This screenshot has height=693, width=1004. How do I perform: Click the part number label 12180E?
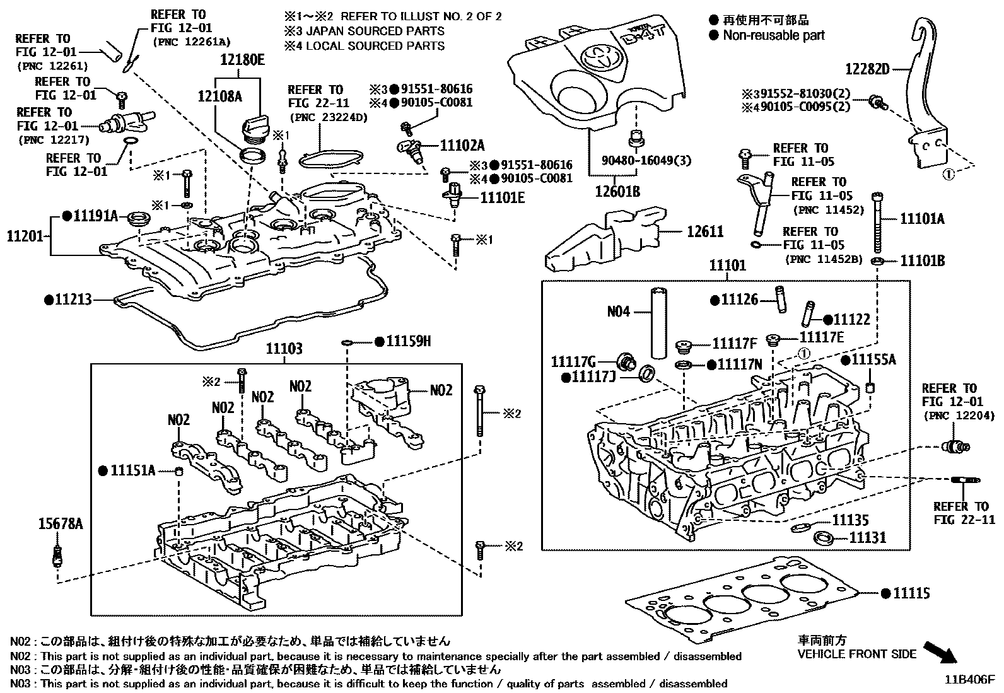point(242,60)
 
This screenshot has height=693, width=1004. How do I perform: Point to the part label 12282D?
point(868,69)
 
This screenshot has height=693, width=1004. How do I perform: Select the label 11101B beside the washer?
point(922,260)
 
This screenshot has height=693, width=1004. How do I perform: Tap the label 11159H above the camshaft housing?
point(408,341)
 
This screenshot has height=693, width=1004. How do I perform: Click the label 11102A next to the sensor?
point(462,146)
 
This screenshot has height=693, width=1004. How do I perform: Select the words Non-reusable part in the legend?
point(773,35)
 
